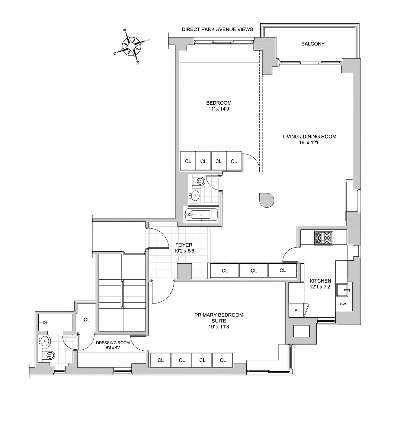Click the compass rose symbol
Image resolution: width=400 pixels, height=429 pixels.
131,46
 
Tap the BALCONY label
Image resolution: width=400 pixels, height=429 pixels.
313,44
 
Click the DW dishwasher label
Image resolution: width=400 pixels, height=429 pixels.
343,304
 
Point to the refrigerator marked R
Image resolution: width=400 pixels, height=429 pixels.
295,310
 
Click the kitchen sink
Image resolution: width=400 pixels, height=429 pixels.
343,290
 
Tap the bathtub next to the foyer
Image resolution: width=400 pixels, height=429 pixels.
199,215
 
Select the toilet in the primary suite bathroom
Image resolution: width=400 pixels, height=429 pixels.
48,355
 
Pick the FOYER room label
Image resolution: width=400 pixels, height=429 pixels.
184,245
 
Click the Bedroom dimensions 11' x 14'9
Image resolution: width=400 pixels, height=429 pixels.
219,109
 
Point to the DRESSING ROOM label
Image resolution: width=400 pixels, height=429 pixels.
113,343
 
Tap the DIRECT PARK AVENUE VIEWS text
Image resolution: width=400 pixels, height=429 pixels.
217,29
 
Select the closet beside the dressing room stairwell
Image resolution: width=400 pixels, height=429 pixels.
87,320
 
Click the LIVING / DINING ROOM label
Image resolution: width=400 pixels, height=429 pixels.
309,137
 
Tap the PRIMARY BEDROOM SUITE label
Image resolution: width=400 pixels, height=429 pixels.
219,318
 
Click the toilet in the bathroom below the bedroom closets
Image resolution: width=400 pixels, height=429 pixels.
199,182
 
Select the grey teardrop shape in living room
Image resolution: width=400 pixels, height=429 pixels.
266,200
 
